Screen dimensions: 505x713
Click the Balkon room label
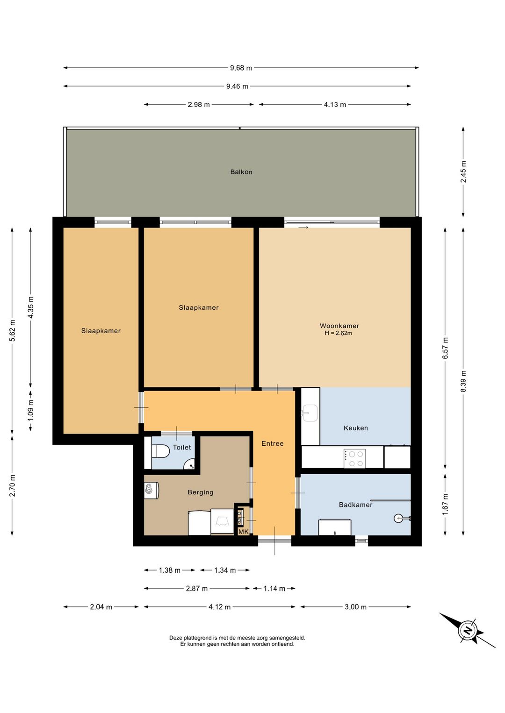click(x=241, y=172)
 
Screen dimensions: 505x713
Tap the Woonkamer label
click(x=339, y=326)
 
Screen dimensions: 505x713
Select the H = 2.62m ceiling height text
click(x=338, y=333)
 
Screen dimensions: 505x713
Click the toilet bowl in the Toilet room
click(x=161, y=451)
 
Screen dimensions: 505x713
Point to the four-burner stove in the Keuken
click(x=354, y=459)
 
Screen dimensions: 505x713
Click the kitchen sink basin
click(x=309, y=413)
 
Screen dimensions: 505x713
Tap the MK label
click(x=244, y=532)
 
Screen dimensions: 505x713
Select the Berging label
click(x=201, y=492)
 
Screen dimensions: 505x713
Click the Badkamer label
click(x=355, y=505)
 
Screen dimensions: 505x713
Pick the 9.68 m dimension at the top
click(x=241, y=68)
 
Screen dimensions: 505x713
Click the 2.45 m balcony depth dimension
click(x=463, y=172)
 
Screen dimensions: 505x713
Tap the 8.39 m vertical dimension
click(x=463, y=382)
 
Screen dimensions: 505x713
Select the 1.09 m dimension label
click(x=30, y=411)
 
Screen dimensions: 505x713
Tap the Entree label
click(x=273, y=444)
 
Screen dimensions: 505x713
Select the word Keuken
click(x=355, y=428)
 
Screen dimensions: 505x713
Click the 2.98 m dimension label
click(x=199, y=105)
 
